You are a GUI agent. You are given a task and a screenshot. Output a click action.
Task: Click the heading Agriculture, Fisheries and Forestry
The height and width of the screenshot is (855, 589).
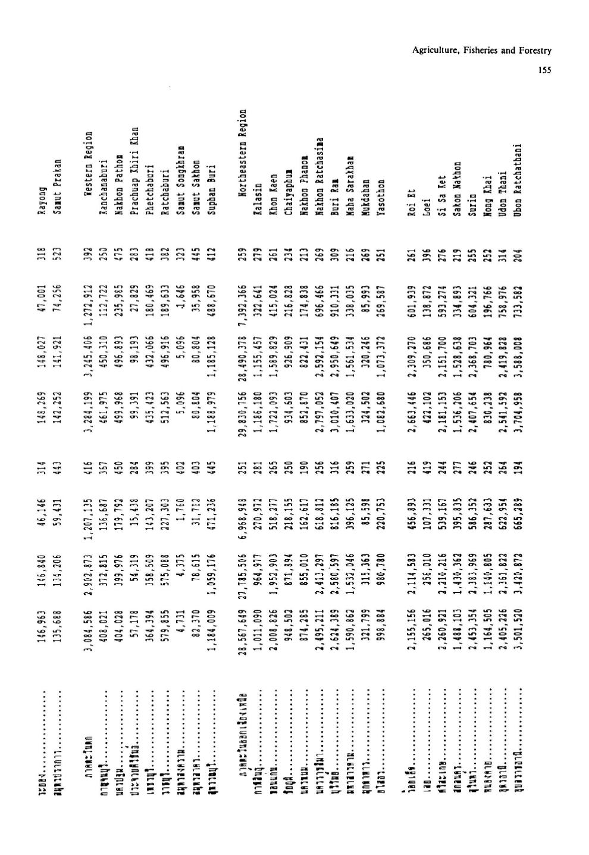click(482, 51)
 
